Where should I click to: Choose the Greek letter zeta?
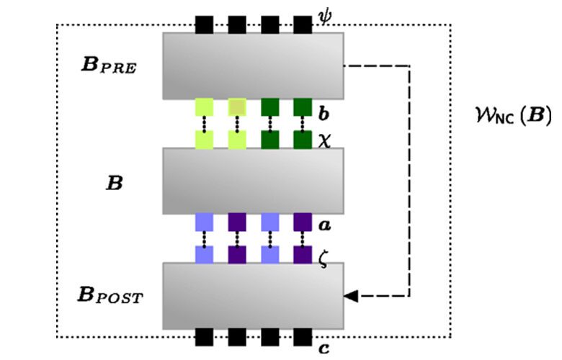324,258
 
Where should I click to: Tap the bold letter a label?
325,226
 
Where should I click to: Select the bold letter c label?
324,349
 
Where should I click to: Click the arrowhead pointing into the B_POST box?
350,296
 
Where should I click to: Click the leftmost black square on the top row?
204,24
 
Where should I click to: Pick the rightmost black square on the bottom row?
303,338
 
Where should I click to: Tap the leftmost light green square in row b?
204,107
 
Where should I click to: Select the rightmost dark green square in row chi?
303,139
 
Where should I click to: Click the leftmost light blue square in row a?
204,222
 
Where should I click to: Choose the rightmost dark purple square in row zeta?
303,254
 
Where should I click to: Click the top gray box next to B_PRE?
252,66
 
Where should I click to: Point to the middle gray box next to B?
252,181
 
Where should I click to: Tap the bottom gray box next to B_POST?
252,296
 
